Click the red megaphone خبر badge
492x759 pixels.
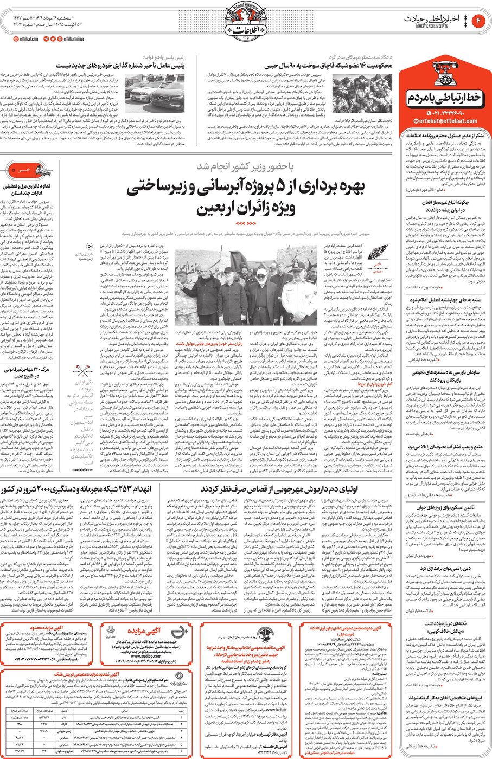click(25, 170)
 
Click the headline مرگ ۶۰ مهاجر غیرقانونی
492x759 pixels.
click(27, 370)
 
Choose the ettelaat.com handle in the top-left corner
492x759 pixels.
click(26, 39)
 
